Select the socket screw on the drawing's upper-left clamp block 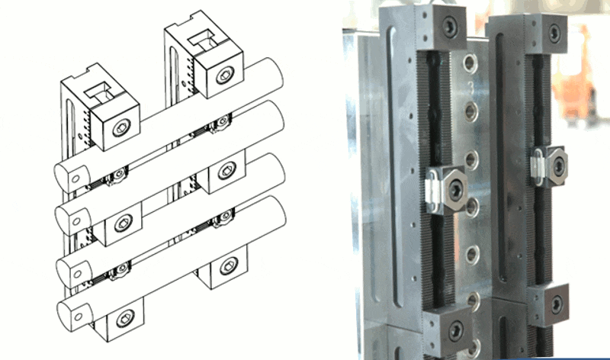pos(121,129)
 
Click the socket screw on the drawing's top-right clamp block pos(223,75)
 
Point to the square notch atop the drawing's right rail pos(204,37)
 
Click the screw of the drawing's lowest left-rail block pos(124,314)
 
